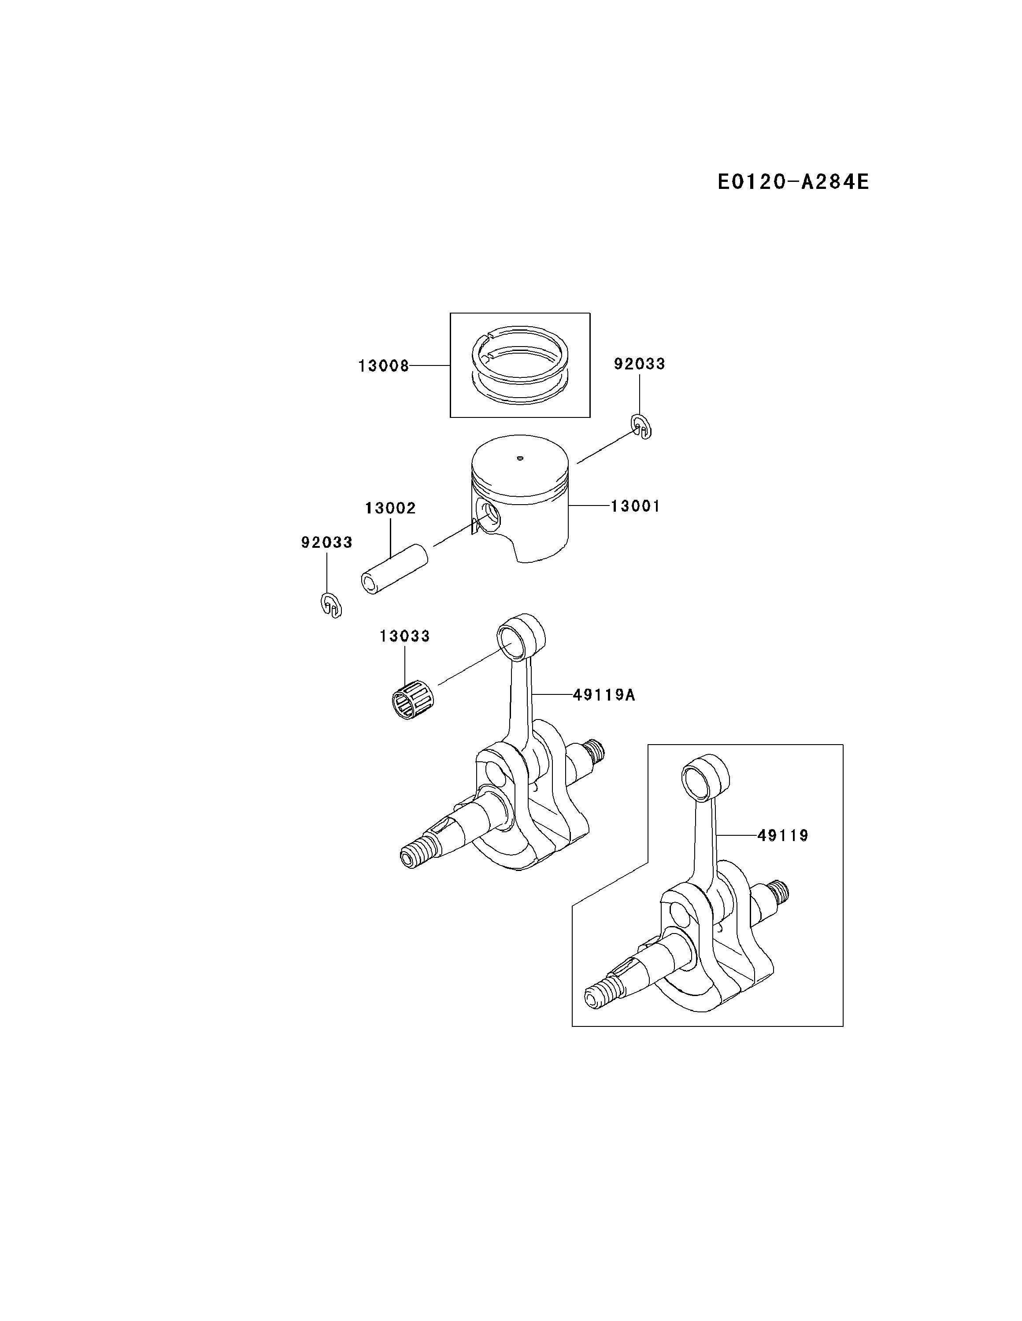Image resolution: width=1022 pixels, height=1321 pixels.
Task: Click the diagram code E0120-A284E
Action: pyautogui.click(x=792, y=181)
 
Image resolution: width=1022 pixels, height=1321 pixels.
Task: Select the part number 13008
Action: pyautogui.click(x=384, y=366)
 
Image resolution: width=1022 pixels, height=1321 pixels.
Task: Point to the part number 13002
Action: pyautogui.click(x=390, y=508)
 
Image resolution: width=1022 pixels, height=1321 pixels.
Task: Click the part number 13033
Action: pyautogui.click(x=405, y=636)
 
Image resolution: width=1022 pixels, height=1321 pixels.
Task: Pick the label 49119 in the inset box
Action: pyautogui.click(x=783, y=835)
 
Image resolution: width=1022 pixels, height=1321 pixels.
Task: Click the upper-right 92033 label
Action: pyautogui.click(x=640, y=364)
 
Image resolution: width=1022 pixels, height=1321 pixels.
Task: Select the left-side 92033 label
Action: pyautogui.click(x=327, y=542)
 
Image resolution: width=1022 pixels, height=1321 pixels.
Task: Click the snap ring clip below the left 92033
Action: pyautogui.click(x=331, y=605)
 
